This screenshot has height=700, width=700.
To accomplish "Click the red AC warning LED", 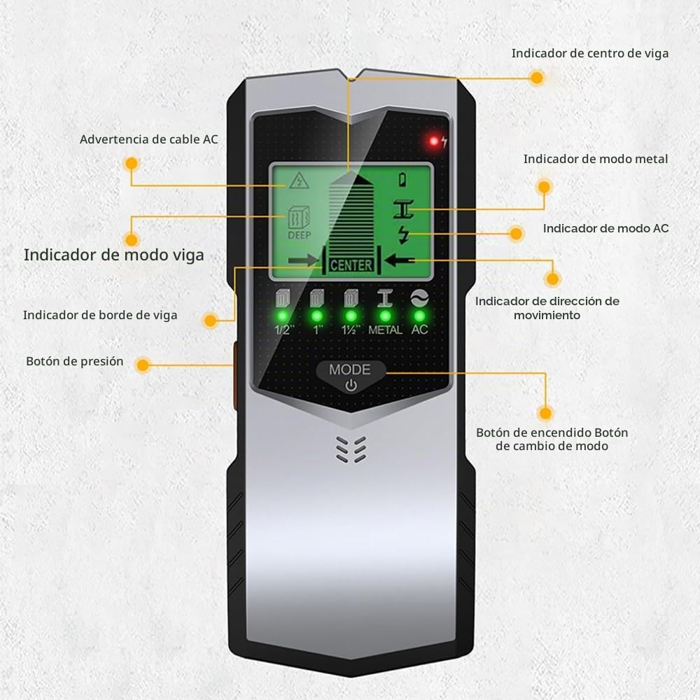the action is [x=433, y=141].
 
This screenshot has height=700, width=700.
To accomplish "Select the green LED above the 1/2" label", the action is [x=283, y=316].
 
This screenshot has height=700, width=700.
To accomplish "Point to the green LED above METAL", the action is [x=385, y=316].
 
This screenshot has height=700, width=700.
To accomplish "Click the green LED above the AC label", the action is [x=419, y=316].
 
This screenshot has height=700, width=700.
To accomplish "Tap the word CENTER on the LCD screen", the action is [x=351, y=265].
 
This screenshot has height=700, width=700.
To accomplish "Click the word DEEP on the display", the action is [x=299, y=235].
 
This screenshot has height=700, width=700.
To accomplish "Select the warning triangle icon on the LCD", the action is [x=299, y=181].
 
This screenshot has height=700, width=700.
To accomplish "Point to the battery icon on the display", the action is [x=402, y=179].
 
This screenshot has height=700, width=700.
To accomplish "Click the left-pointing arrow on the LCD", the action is [x=400, y=260].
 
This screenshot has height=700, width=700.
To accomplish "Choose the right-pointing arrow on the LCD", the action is [x=303, y=260].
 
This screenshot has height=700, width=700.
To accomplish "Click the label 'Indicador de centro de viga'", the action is [x=589, y=54].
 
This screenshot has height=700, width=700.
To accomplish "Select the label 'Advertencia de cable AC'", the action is [x=148, y=140].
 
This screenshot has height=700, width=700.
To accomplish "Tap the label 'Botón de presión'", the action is [x=75, y=361].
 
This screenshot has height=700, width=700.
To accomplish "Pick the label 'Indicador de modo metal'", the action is [x=596, y=159].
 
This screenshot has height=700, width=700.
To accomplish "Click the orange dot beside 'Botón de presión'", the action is [x=142, y=365].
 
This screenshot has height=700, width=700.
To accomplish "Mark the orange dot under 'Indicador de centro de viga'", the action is [x=537, y=78].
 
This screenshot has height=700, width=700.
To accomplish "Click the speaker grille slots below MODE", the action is [x=351, y=449].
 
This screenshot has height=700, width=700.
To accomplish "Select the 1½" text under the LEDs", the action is [x=351, y=330].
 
